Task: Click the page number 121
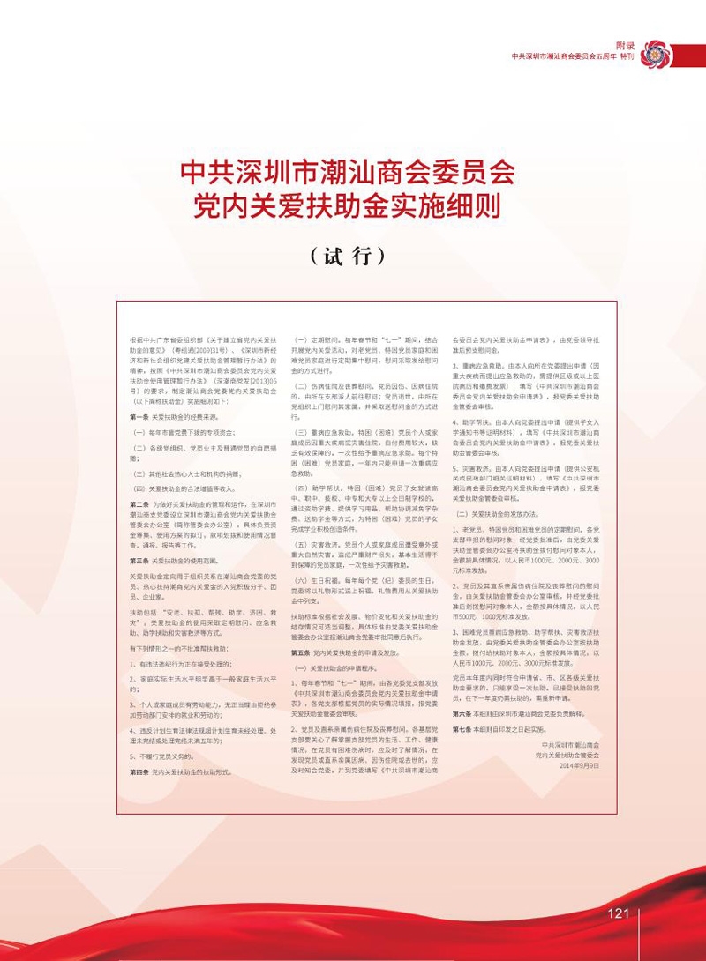tap(618, 913)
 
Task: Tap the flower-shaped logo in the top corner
tap(657, 54)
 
